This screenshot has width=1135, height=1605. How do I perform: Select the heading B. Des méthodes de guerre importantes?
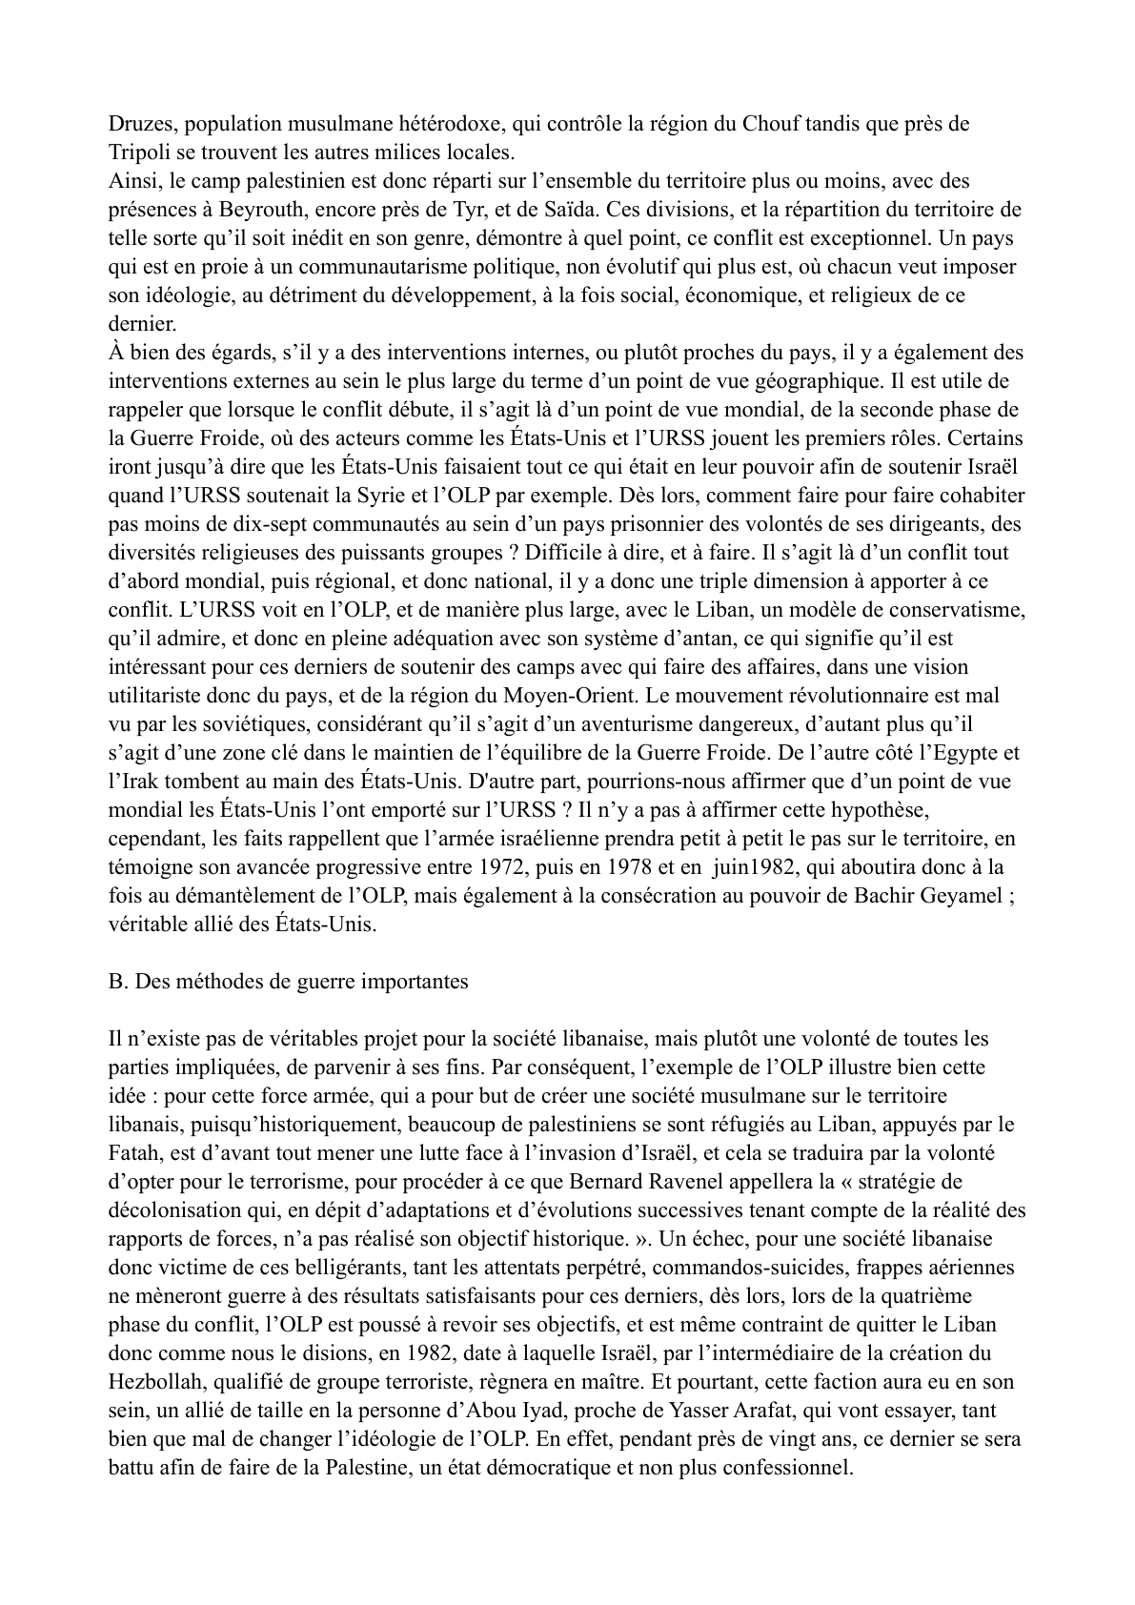point(290,982)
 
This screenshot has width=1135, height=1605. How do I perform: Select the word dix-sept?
point(259,524)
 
